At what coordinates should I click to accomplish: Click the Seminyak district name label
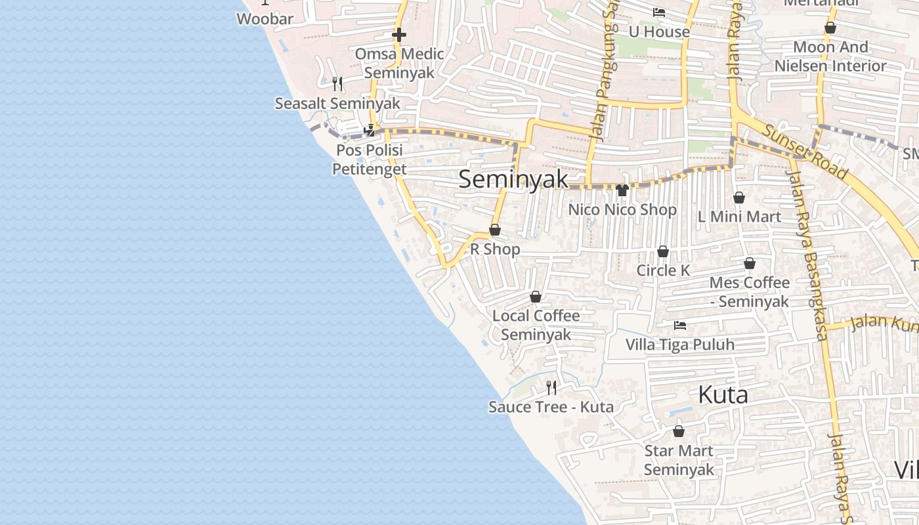click(x=513, y=179)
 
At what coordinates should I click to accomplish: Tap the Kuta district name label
click(x=723, y=394)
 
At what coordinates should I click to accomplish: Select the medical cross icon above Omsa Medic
click(x=399, y=35)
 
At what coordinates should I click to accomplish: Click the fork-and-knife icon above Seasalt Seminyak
click(x=337, y=83)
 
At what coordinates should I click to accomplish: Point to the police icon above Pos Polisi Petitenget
click(x=370, y=131)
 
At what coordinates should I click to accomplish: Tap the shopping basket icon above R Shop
click(x=495, y=230)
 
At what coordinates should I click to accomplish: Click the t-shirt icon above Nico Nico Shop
click(x=622, y=190)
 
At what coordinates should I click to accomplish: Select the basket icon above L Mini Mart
click(x=739, y=198)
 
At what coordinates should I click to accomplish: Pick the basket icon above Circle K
click(x=663, y=251)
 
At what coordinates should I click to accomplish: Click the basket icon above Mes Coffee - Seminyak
click(x=750, y=263)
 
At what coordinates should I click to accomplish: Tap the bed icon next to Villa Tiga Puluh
click(x=680, y=325)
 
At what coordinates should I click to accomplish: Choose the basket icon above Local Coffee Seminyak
click(x=536, y=297)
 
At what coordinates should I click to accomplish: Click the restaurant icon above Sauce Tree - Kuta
click(x=551, y=388)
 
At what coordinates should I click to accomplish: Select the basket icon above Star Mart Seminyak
click(x=679, y=431)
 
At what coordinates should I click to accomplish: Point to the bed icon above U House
click(x=659, y=12)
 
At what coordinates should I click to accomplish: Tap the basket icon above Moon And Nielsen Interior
click(x=830, y=28)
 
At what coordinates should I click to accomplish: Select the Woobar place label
click(x=265, y=18)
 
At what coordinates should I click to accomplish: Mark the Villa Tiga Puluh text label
click(x=680, y=345)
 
